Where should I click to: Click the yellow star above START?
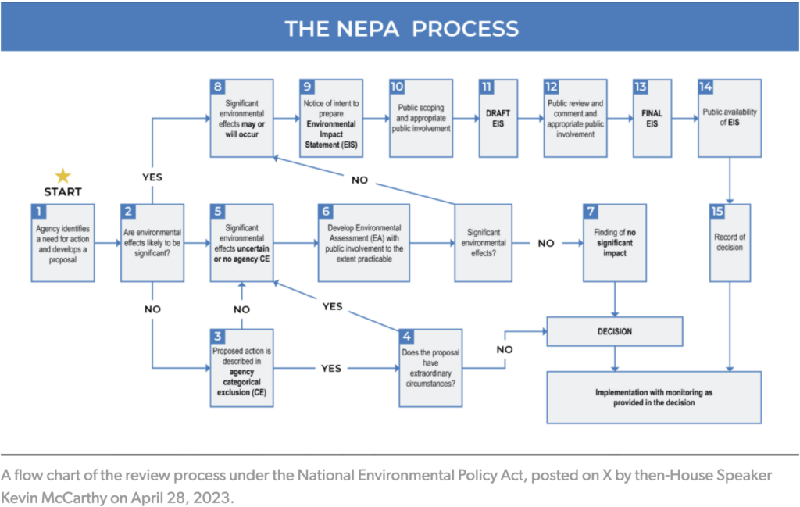62,175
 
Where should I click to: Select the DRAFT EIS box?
495,119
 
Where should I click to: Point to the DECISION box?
614,331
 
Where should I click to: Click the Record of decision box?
730,242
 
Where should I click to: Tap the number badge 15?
720,211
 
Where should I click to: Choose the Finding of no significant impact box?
614,242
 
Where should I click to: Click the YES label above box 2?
152,177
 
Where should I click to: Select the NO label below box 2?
152,309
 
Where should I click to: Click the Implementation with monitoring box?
654,397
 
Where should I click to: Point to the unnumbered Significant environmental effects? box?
484,242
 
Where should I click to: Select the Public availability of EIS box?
730,119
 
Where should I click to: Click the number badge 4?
407,336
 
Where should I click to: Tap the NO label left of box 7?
546,243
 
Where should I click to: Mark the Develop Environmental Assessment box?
364,242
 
